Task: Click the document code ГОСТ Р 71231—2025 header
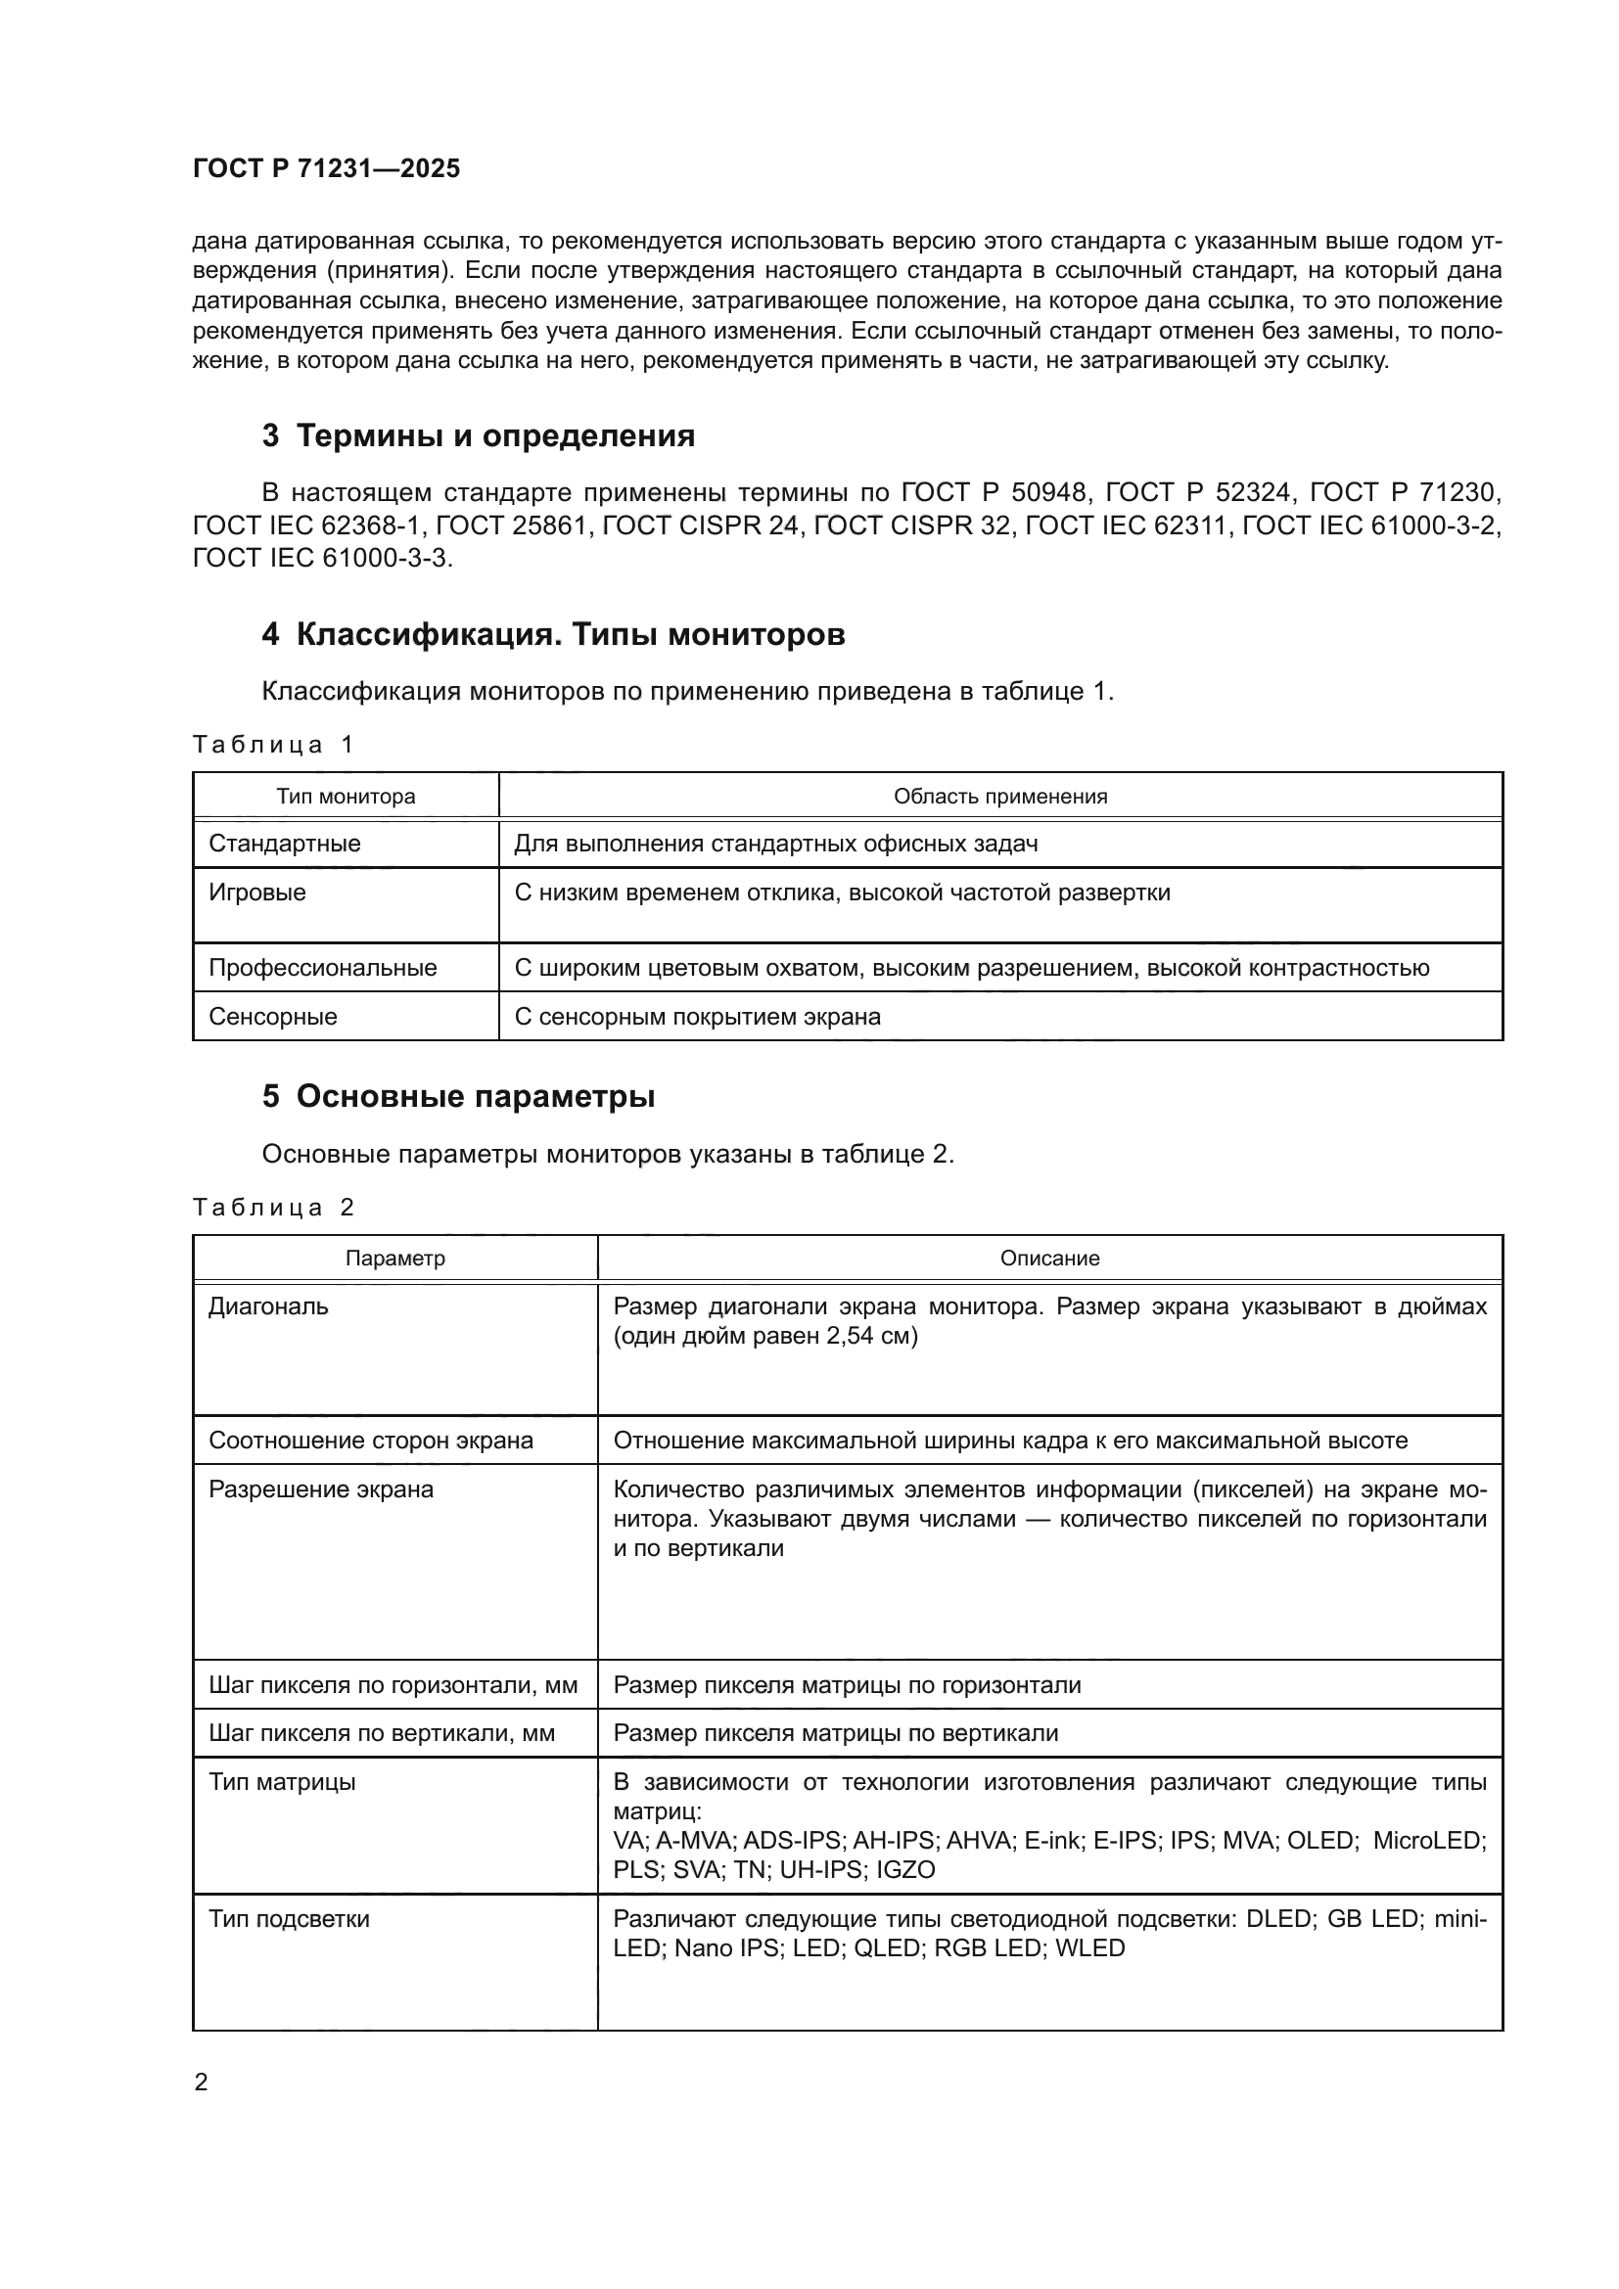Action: (x=326, y=168)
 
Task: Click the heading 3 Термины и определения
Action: (x=479, y=435)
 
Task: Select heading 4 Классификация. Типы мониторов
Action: (x=553, y=634)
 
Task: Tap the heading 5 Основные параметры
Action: (x=458, y=1097)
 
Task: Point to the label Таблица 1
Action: (x=273, y=745)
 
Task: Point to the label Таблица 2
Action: (x=273, y=1208)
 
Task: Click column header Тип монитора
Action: (x=346, y=797)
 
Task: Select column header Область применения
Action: (x=1000, y=797)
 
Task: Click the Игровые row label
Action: (x=257, y=893)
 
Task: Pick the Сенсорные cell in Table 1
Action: (x=273, y=1017)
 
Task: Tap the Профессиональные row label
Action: (x=323, y=968)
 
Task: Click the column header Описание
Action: (x=1049, y=1259)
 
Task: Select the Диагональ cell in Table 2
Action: (x=268, y=1306)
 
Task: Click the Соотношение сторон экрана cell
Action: (x=371, y=1441)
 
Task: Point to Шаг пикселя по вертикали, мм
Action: (x=382, y=1734)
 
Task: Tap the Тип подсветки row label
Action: (x=289, y=1919)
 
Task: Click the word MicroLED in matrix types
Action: (x=1429, y=1841)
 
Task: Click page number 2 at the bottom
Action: (x=202, y=2083)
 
